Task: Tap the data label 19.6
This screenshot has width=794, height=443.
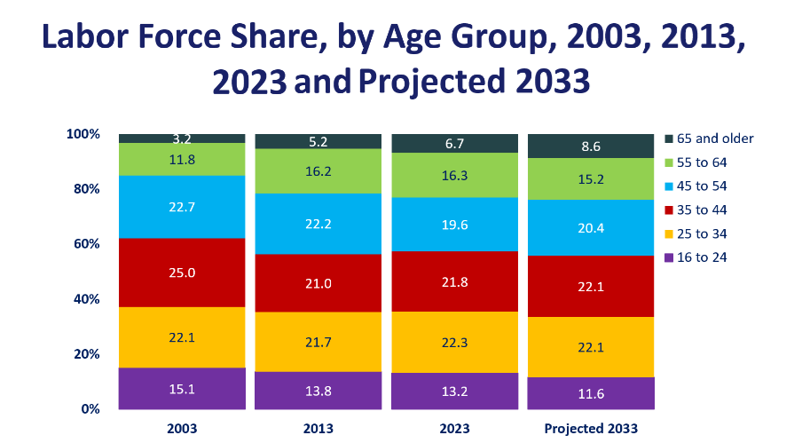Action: (x=454, y=225)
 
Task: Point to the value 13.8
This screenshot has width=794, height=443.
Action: (x=318, y=391)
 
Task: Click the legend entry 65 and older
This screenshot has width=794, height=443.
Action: (x=714, y=138)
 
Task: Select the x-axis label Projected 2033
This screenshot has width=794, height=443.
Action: (x=591, y=429)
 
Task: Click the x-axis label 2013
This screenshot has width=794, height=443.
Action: (x=318, y=429)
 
